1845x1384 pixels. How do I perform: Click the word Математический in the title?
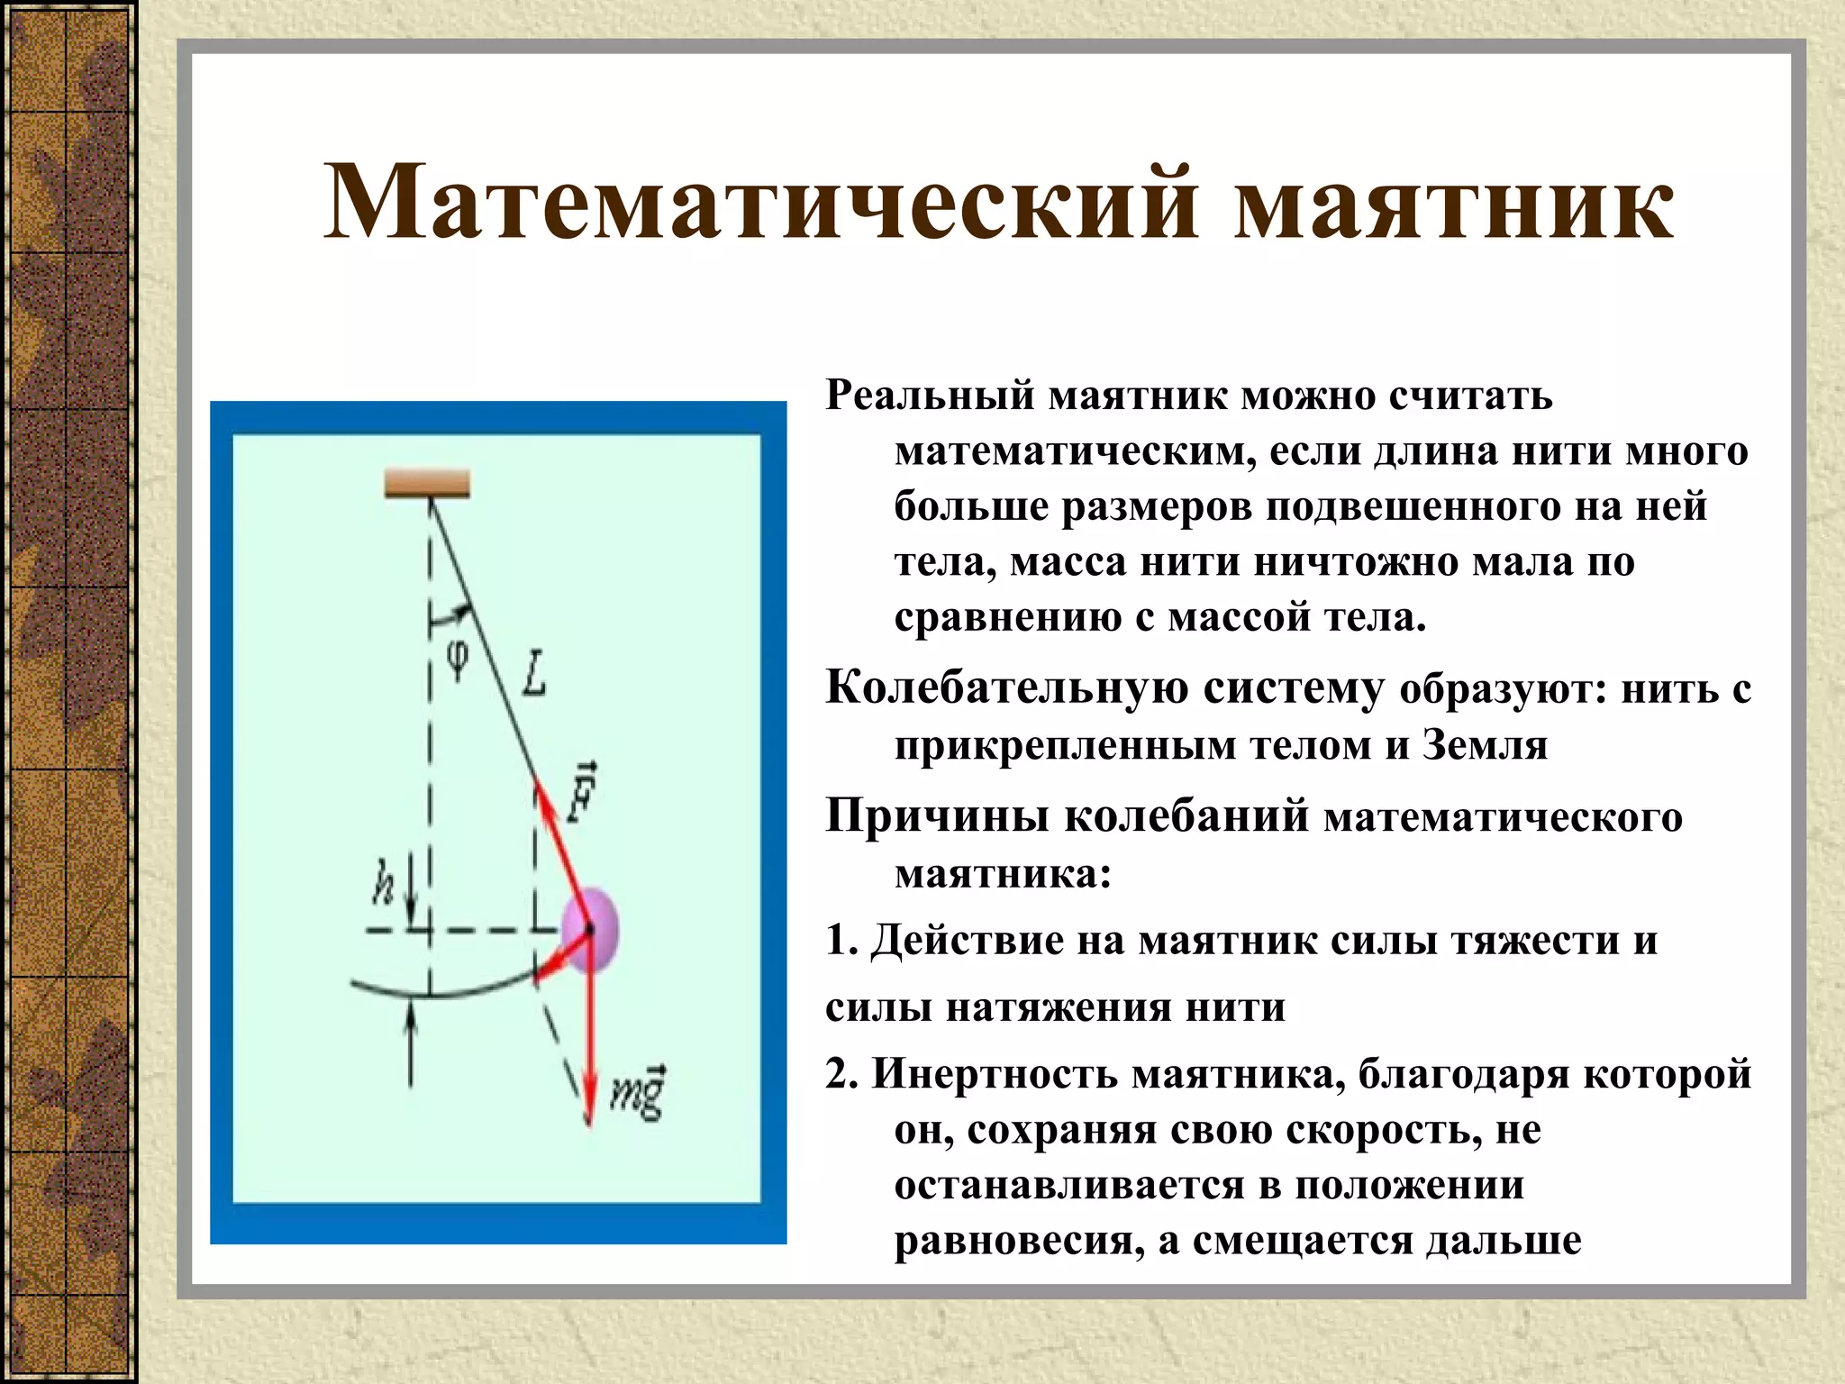pyautogui.click(x=761, y=203)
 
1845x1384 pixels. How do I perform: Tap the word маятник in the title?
pyautogui.click(x=1453, y=203)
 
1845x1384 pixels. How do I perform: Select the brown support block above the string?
pyautogui.click(x=427, y=484)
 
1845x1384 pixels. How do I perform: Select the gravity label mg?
pyautogui.click(x=639, y=1092)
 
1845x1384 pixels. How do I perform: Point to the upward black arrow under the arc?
pyautogui.click(x=411, y=1045)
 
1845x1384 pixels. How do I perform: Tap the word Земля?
pyautogui.click(x=1485, y=745)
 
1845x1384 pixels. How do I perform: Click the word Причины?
pyautogui.click(x=937, y=817)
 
